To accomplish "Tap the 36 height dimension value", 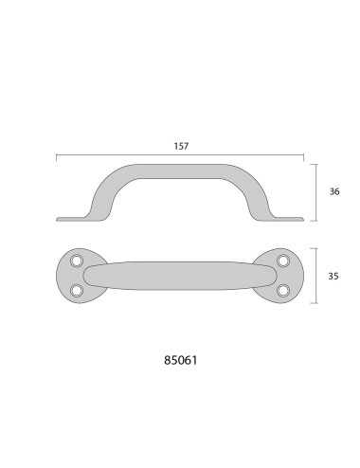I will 333,191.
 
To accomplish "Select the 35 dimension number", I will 333,278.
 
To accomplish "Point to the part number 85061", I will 179,360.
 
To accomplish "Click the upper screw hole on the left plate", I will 78,261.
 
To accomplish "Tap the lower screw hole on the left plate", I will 78,291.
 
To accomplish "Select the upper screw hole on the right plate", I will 281,261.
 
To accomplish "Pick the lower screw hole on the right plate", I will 281,291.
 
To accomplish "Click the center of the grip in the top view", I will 179,276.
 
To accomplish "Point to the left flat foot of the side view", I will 71,219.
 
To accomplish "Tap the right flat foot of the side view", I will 289,219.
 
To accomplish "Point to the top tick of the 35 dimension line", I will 316,248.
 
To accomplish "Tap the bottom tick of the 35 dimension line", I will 316,304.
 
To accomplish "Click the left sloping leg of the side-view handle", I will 99,194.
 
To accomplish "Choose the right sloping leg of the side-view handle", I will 260,194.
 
